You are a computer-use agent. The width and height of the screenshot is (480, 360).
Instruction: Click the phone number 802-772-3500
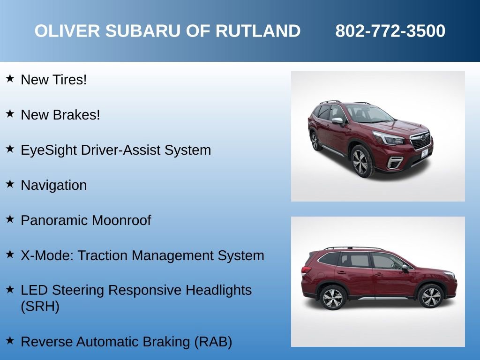point(390,31)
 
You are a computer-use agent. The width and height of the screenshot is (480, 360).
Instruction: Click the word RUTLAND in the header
point(258,31)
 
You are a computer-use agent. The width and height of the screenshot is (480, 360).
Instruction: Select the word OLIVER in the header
point(67,31)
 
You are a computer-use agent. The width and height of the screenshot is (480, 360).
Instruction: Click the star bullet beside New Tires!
point(10,78)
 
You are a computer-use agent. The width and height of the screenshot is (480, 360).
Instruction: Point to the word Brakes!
point(80,115)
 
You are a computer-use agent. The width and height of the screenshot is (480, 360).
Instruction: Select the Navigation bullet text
point(54,185)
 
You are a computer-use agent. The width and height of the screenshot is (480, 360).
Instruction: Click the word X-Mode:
point(47,255)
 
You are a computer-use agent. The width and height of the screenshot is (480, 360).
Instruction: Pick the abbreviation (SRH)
point(40,307)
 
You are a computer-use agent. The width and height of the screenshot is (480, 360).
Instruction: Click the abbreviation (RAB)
point(213,342)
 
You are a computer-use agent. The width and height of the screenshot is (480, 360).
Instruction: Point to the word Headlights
point(218,290)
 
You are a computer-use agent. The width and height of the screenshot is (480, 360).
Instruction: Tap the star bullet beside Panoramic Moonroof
point(10,219)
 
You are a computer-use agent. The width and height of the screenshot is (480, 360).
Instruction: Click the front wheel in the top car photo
point(362,161)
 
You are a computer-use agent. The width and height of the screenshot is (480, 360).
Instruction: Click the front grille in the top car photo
point(420,141)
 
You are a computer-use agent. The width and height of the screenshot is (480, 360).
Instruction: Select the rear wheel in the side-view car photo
point(332,297)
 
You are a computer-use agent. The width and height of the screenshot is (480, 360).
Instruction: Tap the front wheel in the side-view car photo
point(431,296)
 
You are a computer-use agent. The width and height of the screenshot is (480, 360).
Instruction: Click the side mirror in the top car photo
point(337,121)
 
